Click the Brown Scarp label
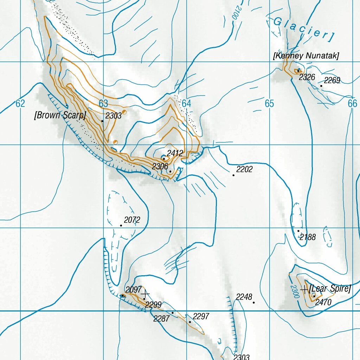coord(60,115)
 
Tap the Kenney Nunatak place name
coord(306,56)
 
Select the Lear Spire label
coord(330,289)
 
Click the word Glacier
coord(303,29)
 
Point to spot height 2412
coord(175,153)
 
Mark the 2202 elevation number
coord(244,169)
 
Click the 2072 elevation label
coord(132,220)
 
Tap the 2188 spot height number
coord(308,237)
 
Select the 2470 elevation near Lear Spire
coord(323,302)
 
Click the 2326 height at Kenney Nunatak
coord(307,77)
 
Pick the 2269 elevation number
coord(332,81)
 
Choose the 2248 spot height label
coord(244,297)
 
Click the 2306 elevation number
coord(160,166)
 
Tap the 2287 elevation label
coord(161,319)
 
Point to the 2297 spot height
coord(201,316)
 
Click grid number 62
coord(20,103)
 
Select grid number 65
coord(269,103)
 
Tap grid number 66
coord(352,103)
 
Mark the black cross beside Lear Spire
coord(304,289)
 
